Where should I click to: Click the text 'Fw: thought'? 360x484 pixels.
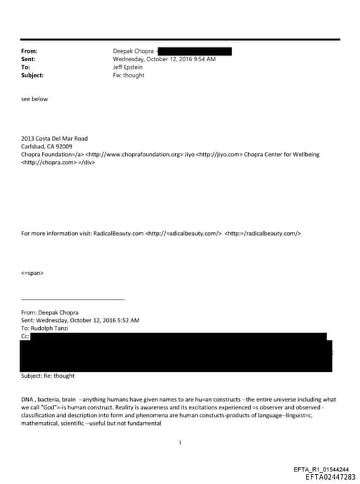(129, 75)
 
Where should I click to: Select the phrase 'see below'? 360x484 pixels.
(35, 99)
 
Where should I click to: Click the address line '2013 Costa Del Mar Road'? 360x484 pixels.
(55, 139)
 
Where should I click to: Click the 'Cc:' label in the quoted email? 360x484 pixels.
(27, 336)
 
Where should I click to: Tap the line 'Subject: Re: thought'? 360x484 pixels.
(49, 376)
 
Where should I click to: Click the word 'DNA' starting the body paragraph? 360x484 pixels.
(29, 399)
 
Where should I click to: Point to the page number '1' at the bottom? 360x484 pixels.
(181, 442)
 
